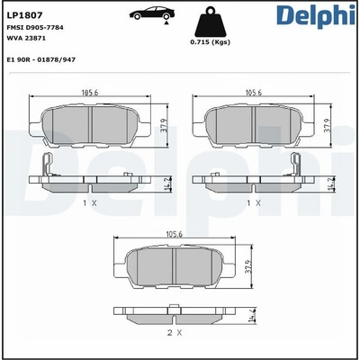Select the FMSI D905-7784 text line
pos(35,28)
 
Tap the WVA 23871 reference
pos(26,39)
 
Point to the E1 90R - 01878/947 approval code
pos(40,59)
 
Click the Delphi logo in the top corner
pos(317,15)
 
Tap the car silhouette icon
pos(152,13)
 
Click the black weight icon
pos(210,22)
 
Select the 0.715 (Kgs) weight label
pos(210,42)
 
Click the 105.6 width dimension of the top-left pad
pos(90,93)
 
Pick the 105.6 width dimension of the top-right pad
pos(254,93)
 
